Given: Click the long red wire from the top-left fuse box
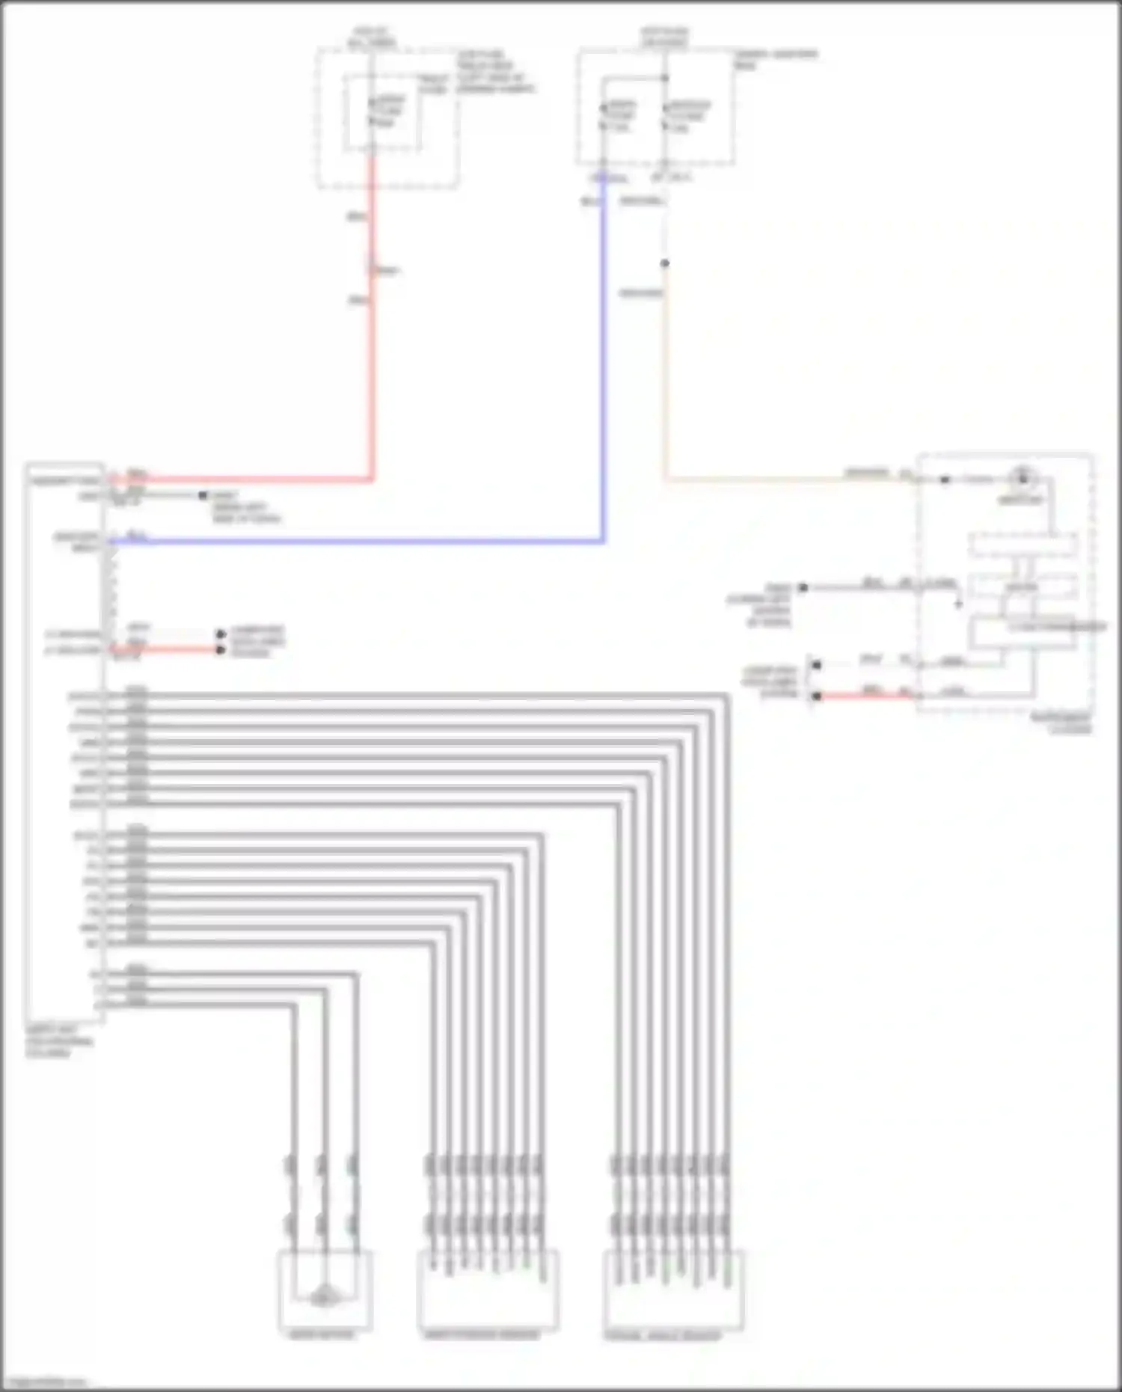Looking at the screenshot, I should coord(372,337).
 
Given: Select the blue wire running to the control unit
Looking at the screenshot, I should coord(603,374).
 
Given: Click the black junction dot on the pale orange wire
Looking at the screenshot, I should coord(664,263).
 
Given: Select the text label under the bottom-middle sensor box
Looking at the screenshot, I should coord(481,1334).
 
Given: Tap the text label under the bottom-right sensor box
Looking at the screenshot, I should coord(663,1335).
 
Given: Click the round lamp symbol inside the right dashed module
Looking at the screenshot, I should coord(1022,477).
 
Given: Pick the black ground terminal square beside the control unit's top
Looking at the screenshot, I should coord(202,495).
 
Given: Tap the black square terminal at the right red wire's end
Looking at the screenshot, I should coord(817,696).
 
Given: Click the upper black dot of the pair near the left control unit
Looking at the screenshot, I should coord(221,634).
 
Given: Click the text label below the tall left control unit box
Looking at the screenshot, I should coord(60,1041).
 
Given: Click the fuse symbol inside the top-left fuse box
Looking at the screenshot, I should coord(372,112).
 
